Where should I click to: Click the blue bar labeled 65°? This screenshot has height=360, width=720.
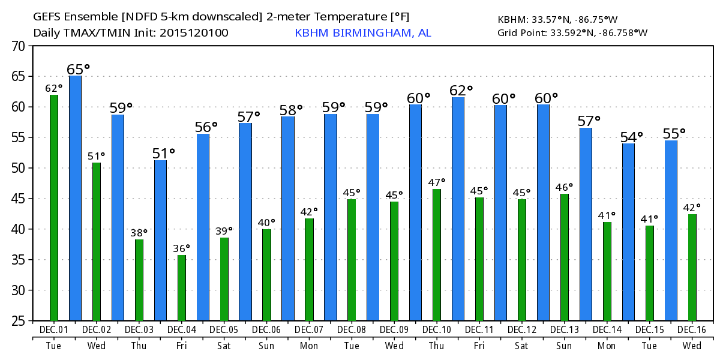[75, 198]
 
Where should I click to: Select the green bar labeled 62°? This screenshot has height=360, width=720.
[54, 208]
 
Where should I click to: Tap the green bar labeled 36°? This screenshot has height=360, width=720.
[182, 287]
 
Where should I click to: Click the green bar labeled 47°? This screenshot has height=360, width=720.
[437, 254]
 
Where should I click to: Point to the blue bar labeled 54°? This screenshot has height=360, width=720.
[628, 232]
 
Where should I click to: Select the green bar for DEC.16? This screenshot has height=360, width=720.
[692, 267]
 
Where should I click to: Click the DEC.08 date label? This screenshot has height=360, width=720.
[352, 330]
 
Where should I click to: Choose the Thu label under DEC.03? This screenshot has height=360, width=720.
[139, 346]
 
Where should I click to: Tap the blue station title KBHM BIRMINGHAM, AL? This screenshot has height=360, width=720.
[363, 32]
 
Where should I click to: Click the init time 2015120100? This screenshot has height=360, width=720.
[194, 32]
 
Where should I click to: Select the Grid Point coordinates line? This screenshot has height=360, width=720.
[572, 32]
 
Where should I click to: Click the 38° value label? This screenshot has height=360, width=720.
[139, 232]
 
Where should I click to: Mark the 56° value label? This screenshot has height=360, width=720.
[206, 127]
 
